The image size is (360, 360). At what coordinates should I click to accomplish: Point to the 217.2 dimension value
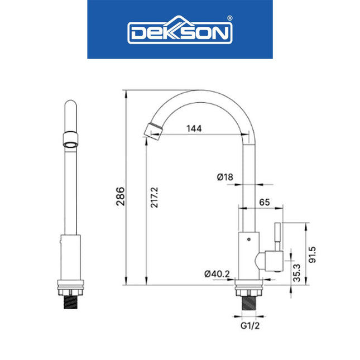coord(155,198)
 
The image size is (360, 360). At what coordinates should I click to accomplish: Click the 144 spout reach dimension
coord(193,128)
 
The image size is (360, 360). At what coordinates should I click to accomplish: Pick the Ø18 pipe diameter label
coord(225,177)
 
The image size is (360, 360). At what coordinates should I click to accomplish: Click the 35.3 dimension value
coord(297,273)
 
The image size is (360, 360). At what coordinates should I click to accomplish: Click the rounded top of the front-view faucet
coord(69,106)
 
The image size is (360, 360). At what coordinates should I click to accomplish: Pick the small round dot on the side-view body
coord(248,238)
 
